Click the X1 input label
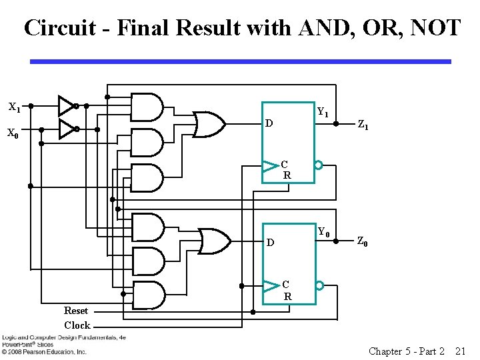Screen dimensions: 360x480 click(14, 107)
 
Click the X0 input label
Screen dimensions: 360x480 click(13, 133)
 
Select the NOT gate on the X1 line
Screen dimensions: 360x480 click(67, 105)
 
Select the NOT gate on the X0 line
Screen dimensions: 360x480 click(67, 129)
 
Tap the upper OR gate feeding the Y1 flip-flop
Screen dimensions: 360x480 click(209, 124)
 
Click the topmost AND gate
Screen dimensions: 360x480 click(147, 106)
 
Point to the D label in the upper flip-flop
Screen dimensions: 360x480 click(269, 124)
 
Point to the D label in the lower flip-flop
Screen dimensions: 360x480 click(270, 243)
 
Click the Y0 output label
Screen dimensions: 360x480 click(323, 232)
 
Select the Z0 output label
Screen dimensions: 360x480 click(362, 242)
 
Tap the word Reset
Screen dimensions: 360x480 click(76, 311)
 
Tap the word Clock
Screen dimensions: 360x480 click(77, 325)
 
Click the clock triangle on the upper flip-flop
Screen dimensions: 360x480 click(270, 165)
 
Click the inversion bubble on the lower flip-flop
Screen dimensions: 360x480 click(319, 285)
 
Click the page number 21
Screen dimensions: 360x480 click(460, 351)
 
